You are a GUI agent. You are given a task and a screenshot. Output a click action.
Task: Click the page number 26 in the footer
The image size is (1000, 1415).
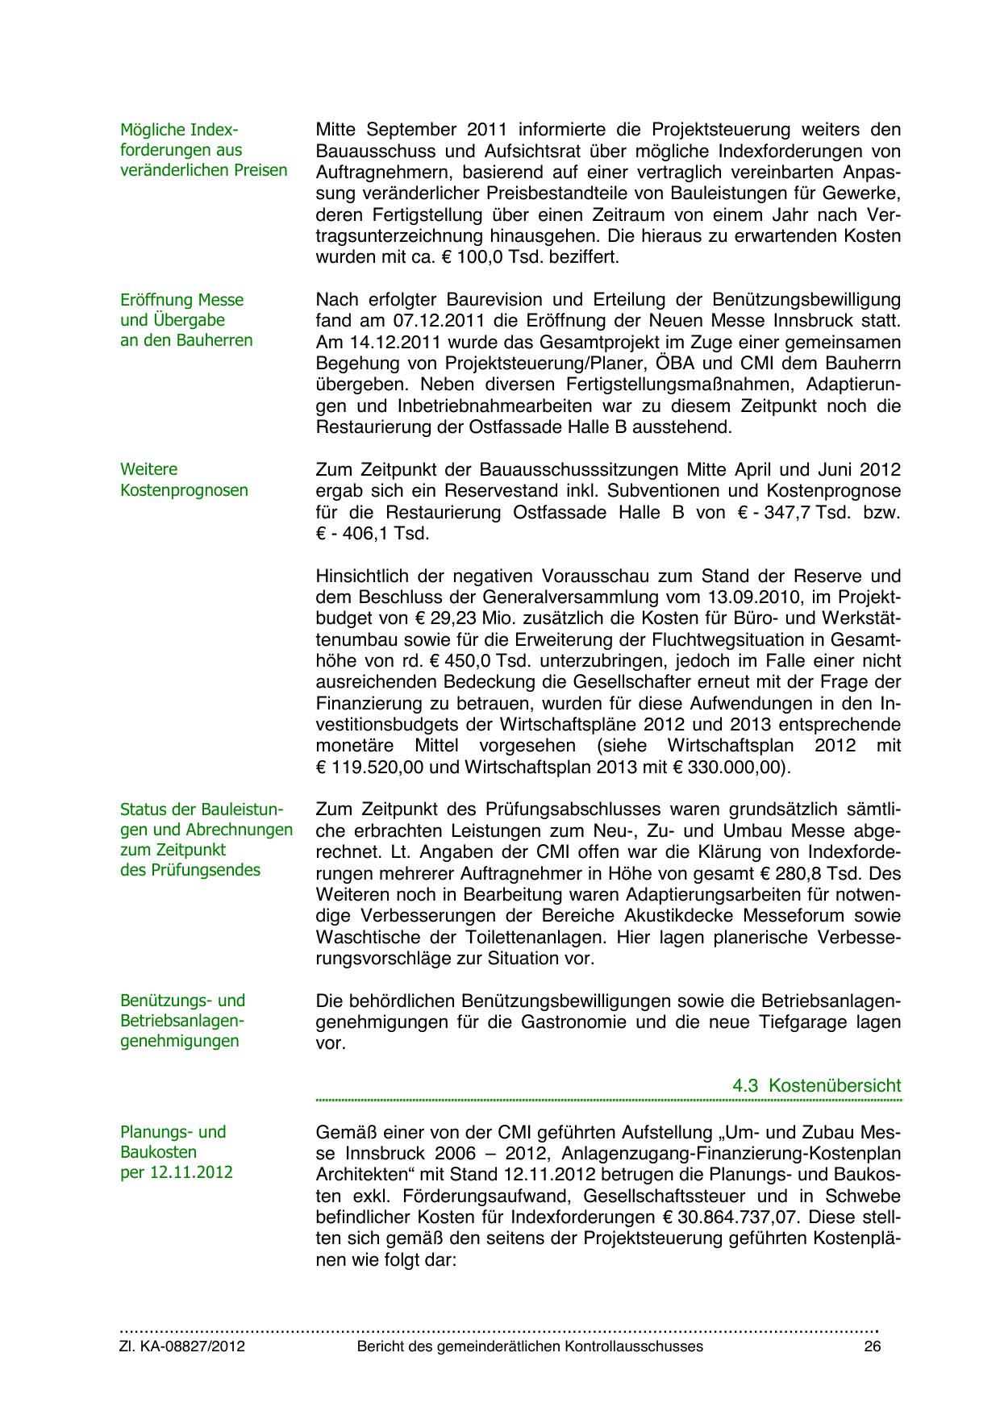872,1346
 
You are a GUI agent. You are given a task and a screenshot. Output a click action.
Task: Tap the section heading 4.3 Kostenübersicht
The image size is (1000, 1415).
816,1085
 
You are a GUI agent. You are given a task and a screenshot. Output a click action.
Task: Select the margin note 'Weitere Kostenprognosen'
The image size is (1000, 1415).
184,480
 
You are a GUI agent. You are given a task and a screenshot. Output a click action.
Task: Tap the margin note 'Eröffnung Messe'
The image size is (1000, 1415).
181,300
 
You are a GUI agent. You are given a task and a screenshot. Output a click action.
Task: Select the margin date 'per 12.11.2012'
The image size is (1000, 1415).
176,1172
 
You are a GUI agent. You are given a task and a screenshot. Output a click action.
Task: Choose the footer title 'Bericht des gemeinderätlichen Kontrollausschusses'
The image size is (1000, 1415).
530,1346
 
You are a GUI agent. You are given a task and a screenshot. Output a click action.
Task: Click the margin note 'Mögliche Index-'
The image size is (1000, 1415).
179,130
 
